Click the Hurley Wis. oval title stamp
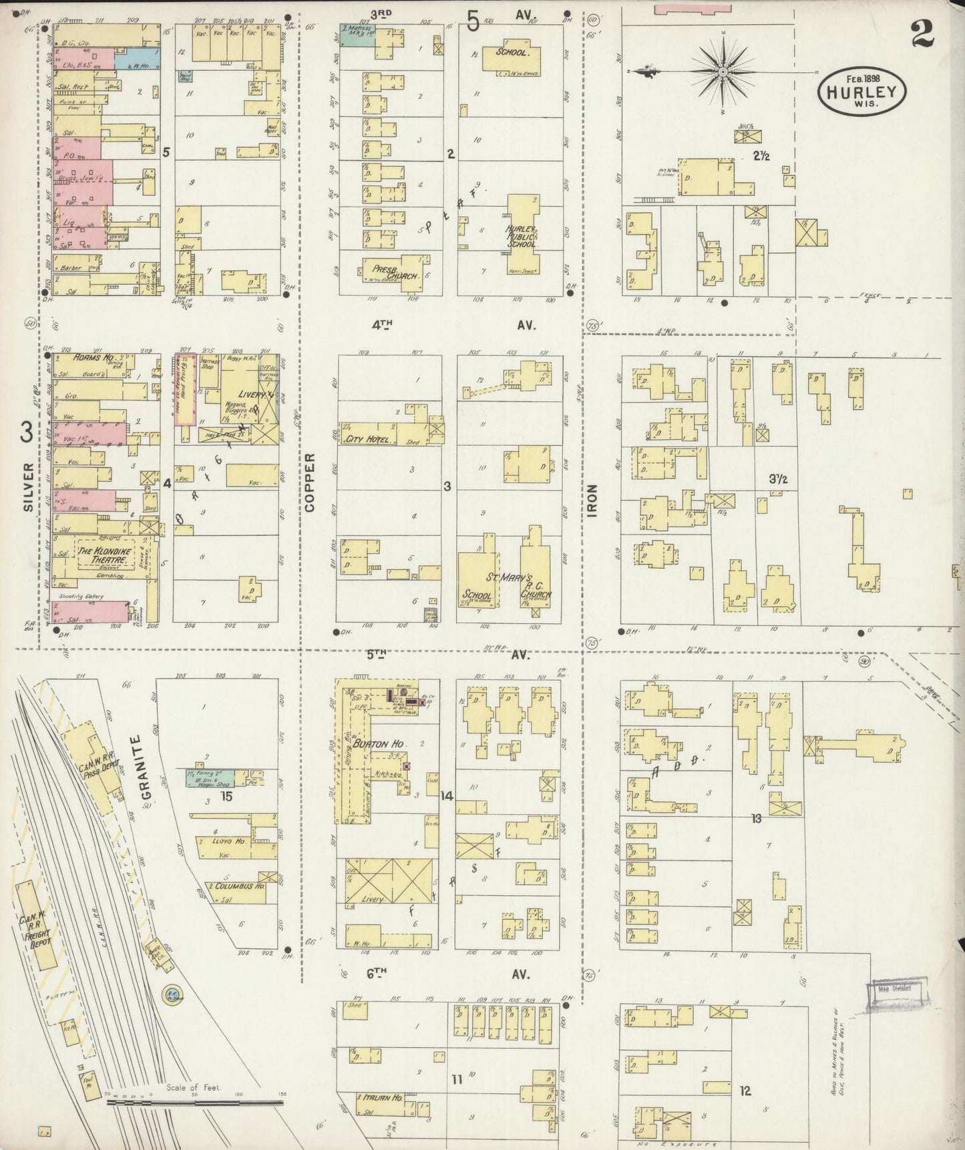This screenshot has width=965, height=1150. [861, 94]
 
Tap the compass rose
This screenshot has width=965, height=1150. [723, 71]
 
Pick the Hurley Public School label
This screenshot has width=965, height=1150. [521, 236]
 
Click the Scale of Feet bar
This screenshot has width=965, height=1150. [194, 1103]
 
